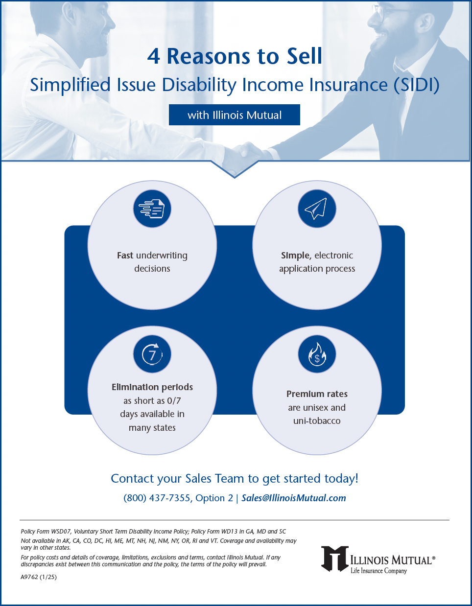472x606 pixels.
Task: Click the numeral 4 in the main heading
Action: click(x=154, y=57)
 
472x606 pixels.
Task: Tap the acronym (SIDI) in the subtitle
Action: click(x=416, y=85)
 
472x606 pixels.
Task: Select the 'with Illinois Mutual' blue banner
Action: click(x=234, y=115)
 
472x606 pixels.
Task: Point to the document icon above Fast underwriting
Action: click(x=152, y=209)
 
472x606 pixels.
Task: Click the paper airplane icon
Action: click(x=317, y=209)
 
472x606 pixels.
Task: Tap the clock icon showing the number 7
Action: click(x=152, y=354)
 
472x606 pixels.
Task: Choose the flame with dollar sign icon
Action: click(x=317, y=354)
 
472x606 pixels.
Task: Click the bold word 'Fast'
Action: click(x=125, y=256)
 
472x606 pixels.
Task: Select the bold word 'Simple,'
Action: click(x=296, y=256)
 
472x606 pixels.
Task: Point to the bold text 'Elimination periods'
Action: click(x=152, y=387)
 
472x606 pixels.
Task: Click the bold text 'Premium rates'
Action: click(x=317, y=394)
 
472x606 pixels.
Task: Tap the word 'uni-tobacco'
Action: click(x=317, y=421)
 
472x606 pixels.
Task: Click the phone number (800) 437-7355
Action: click(x=157, y=498)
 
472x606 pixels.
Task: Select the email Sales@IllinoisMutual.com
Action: click(x=294, y=498)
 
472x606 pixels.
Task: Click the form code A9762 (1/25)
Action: click(x=39, y=577)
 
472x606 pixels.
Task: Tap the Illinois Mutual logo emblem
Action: click(x=335, y=559)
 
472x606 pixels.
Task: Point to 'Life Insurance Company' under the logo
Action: click(x=378, y=571)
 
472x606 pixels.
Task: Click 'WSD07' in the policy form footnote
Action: click(x=61, y=532)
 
